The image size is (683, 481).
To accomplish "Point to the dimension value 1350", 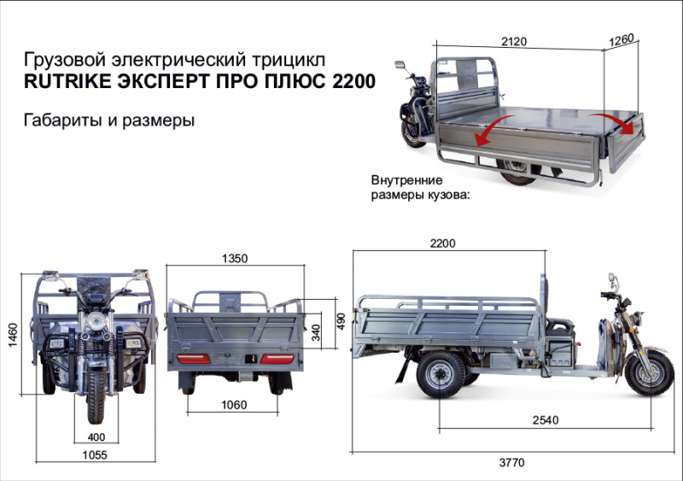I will pos(235,258).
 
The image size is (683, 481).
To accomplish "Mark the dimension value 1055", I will pos(94,456).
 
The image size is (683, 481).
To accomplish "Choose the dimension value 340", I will pos(316,331).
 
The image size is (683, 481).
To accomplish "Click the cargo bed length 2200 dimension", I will pos(442,243).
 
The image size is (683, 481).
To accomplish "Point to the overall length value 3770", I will pos(511,462).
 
